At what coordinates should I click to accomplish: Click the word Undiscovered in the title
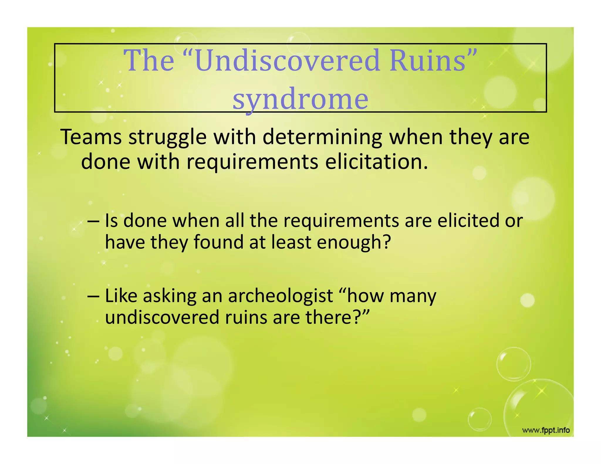(x=288, y=61)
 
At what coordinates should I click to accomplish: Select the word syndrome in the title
(x=300, y=99)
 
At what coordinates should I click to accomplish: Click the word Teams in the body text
(x=91, y=137)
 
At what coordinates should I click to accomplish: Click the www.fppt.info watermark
(x=546, y=431)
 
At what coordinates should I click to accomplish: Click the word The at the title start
(x=149, y=61)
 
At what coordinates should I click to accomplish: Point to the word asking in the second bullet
(x=170, y=296)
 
